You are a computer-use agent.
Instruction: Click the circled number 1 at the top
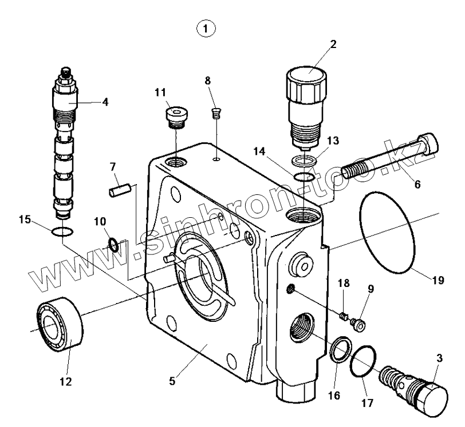[x=206, y=27]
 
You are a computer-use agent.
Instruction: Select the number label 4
[x=105, y=102]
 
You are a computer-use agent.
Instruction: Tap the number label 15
[x=23, y=219]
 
